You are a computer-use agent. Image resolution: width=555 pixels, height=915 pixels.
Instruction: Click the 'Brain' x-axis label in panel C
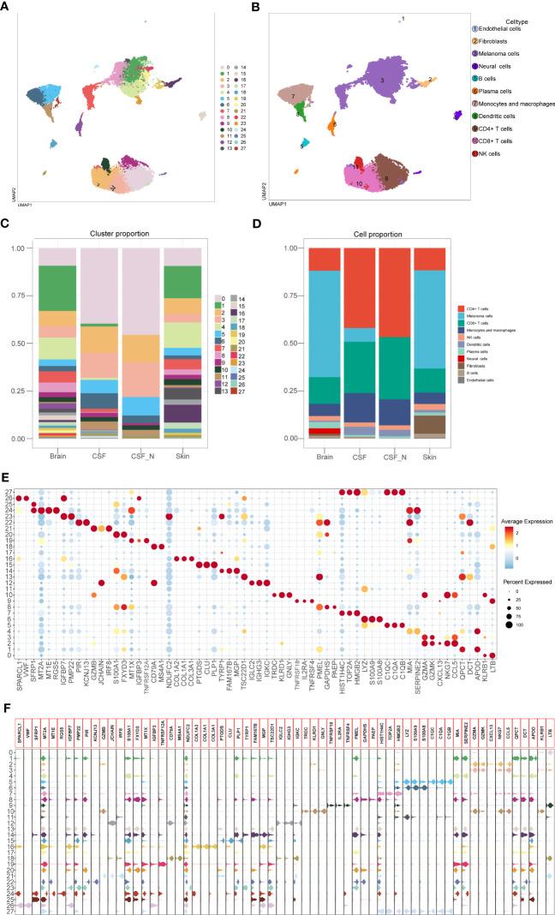pyautogui.click(x=58, y=451)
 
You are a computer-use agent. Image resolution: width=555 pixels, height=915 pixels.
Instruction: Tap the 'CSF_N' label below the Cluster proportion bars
pyautogui.click(x=143, y=451)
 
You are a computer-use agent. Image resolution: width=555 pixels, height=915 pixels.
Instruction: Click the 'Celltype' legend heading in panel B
pyautogui.click(x=522, y=21)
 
